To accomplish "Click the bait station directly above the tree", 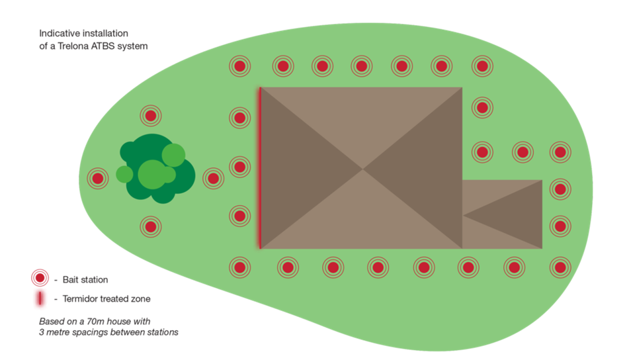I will tap(151, 116).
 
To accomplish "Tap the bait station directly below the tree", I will tap(151, 226).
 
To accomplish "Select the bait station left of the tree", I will tap(98, 177).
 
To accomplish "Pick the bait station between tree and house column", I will tap(213, 177).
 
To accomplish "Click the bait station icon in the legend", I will tap(40, 279).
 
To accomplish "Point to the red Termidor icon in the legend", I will tap(40, 299).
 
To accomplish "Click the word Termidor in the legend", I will tap(80, 299).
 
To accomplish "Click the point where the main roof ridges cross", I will tap(362, 168).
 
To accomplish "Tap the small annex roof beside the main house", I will tap(502, 214).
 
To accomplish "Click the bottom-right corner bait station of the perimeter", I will tap(560, 267).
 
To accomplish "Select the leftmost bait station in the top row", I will tap(239, 66).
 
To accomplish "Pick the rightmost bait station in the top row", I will tap(482, 66).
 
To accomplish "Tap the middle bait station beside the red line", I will tap(239, 166).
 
